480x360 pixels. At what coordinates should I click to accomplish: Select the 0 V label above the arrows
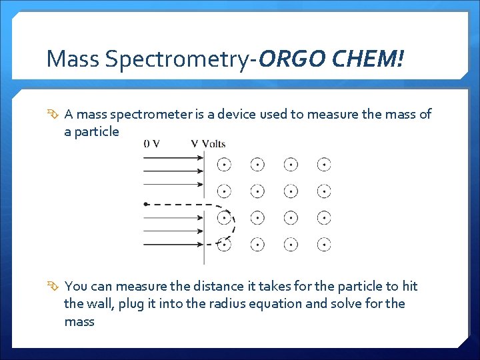[151, 143]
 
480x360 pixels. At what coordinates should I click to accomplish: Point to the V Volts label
[208, 143]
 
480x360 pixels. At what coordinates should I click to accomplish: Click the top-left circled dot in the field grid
[225, 164]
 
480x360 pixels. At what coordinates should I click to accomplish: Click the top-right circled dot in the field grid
[324, 164]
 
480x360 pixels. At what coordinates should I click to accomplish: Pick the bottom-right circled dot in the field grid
[324, 245]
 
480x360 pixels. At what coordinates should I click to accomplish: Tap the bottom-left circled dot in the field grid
[225, 245]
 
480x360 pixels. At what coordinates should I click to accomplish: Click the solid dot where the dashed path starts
[146, 204]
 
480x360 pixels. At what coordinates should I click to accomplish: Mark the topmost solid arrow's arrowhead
[200, 158]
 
